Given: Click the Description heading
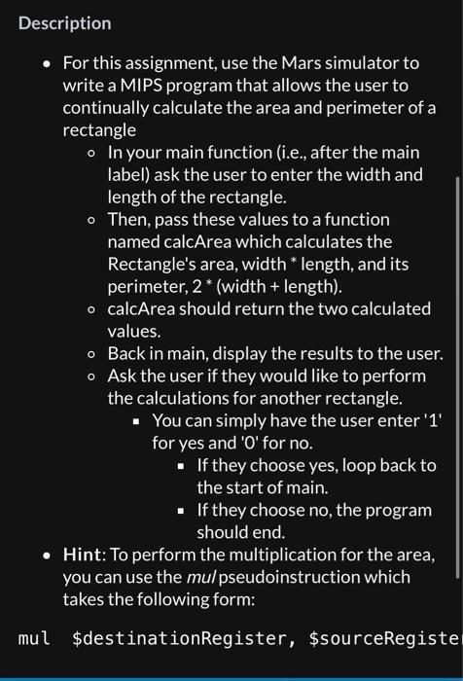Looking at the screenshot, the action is point(64,22).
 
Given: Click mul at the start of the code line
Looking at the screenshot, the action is point(34,639).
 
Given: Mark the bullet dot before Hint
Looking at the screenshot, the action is point(46,556).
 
